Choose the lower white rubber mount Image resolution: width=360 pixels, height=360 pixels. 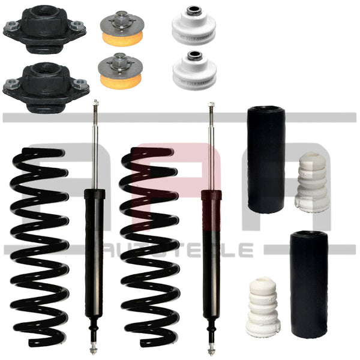coord(193,69)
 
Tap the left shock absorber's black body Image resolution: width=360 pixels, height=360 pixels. coord(94,252)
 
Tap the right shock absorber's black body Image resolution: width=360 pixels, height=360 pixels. coord(211,252)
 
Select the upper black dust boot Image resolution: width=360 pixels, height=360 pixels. coord(266,159)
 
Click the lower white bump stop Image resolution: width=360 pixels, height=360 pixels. coord(263,306)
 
